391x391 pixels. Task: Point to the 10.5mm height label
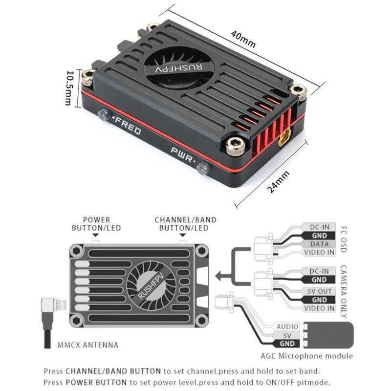[69, 87]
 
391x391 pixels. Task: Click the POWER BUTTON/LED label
[96, 224]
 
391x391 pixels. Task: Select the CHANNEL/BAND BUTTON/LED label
[185, 224]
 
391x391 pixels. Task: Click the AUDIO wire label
[287, 326]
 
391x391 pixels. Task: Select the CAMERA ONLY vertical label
[343, 292]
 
